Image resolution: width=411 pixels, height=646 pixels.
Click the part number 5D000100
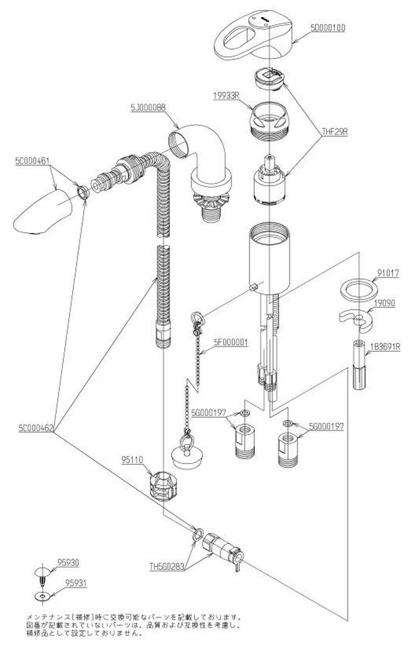[x=328, y=28]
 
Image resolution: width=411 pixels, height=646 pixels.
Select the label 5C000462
[x=35, y=429]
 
